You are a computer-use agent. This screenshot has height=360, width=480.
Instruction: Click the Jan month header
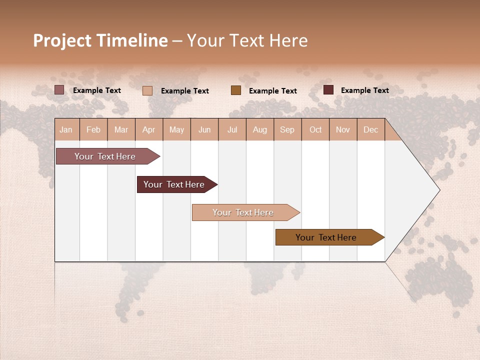pyautogui.click(x=66, y=130)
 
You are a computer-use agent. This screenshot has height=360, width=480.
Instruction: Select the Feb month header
pyautogui.click(x=93, y=130)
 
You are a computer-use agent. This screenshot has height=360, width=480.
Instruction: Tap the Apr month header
pyautogui.click(x=149, y=130)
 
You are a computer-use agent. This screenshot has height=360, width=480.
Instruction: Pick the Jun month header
pyautogui.click(x=204, y=130)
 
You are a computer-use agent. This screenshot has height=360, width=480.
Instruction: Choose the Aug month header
pyautogui.click(x=260, y=130)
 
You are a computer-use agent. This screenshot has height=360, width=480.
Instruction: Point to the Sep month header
pyautogui.click(x=287, y=130)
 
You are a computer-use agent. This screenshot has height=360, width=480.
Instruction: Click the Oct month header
pyautogui.click(x=315, y=130)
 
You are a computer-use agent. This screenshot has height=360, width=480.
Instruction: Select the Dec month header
pyautogui.click(x=371, y=130)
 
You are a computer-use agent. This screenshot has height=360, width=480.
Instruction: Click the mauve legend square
pyautogui.click(x=59, y=90)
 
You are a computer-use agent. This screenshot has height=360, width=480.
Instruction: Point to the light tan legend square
pyautogui.click(x=147, y=90)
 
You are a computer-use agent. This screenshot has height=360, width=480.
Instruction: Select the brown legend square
pyautogui.click(x=236, y=90)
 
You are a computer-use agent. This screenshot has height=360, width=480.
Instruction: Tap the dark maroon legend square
pyautogui.click(x=328, y=90)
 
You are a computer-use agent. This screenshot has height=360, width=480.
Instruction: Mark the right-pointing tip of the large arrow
pyautogui.click(x=439, y=189)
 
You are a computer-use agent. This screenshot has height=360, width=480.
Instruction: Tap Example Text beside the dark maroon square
pyautogui.click(x=364, y=90)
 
